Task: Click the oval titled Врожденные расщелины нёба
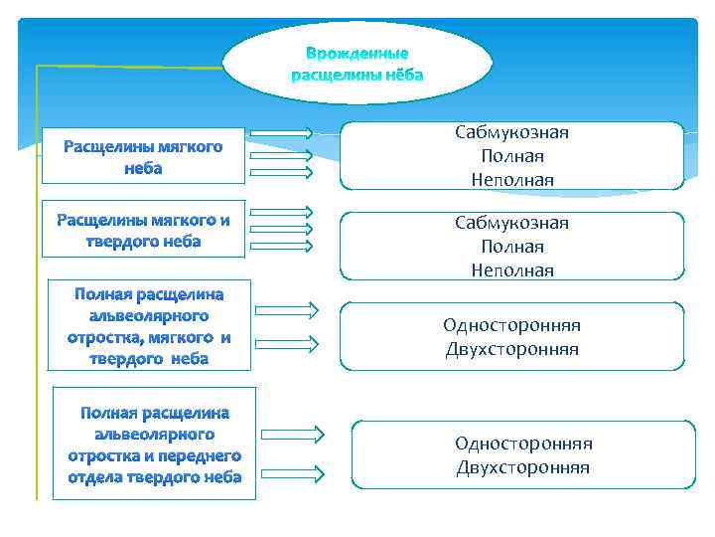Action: (x=357, y=63)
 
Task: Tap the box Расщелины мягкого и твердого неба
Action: (x=143, y=231)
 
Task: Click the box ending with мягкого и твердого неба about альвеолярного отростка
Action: (x=149, y=326)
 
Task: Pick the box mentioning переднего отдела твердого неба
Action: (x=154, y=444)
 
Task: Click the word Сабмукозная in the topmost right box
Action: (x=511, y=132)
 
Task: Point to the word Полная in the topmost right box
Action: (x=511, y=156)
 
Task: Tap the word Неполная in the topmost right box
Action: (x=511, y=179)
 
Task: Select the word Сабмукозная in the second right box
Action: (x=511, y=223)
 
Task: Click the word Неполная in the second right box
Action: (x=511, y=269)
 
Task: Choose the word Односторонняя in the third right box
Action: (x=511, y=325)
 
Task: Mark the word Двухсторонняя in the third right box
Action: (x=511, y=349)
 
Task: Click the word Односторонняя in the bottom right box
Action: (x=523, y=443)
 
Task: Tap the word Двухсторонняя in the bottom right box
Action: (x=523, y=466)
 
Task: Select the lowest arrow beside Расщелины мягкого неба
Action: (x=281, y=172)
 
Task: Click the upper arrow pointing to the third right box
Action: (x=286, y=310)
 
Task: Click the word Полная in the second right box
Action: (x=511, y=246)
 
